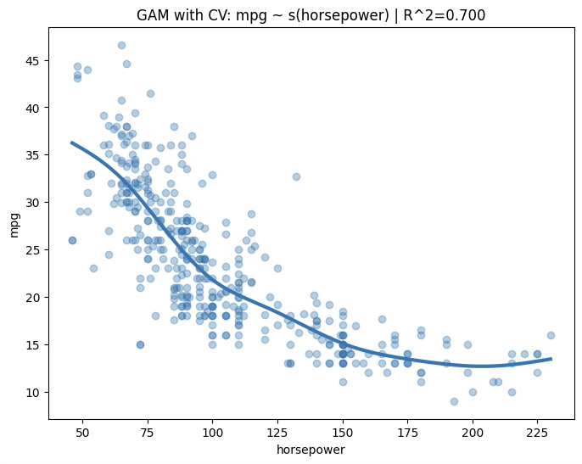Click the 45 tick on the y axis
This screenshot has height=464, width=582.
(31, 61)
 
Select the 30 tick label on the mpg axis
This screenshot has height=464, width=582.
(31, 203)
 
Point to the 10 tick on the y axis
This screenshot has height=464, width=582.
(31, 392)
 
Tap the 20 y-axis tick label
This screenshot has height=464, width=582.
(31, 298)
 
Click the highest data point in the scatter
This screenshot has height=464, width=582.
(121, 45)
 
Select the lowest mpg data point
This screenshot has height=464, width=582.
(454, 401)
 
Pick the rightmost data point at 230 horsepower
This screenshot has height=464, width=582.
(551, 335)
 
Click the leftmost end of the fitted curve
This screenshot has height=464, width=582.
(72, 143)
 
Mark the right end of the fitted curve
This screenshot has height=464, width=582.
(551, 358)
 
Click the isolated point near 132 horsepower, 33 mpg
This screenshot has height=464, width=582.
(296, 176)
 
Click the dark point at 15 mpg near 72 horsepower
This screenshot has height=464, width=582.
(140, 344)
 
